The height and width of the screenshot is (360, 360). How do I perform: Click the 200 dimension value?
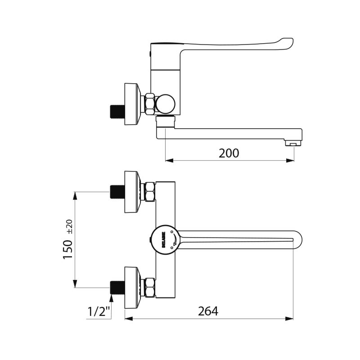[x=229, y=153]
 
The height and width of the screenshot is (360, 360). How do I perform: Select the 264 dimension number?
[x=208, y=311]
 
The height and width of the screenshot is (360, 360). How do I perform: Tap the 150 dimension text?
[x=68, y=249]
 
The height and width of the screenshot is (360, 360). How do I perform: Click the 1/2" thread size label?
[x=99, y=311]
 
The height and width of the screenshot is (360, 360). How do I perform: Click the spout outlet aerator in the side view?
[x=292, y=144]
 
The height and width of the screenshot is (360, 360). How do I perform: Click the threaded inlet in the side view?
[x=117, y=111]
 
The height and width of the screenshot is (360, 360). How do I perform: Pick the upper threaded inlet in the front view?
[x=117, y=192]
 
